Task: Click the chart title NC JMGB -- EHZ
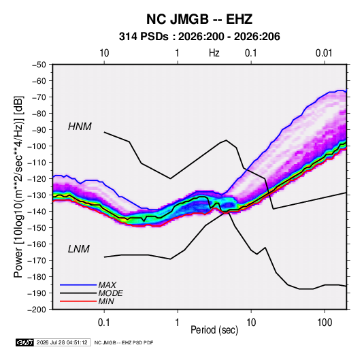pos(199,19)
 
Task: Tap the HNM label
pos(80,127)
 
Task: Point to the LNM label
pos(79,249)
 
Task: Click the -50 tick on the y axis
pos(39,65)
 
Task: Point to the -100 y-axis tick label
pos(37,146)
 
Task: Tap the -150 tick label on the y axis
pos(37,227)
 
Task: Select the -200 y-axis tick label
pos(37,310)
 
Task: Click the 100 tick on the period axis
pos(325,323)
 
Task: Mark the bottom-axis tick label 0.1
pos(104,323)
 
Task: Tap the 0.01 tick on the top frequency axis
pos(324,53)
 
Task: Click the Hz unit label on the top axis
pos(214,53)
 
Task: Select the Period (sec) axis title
pos(214,330)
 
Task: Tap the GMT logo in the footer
pos(25,342)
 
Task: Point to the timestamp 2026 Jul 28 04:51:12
pos(62,342)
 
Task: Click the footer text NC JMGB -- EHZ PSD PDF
pos(124,342)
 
